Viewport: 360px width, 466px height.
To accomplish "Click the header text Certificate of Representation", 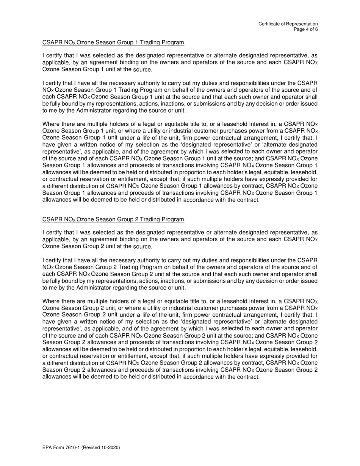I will (x=288, y=24).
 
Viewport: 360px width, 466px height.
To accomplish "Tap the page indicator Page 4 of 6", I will (x=305, y=29).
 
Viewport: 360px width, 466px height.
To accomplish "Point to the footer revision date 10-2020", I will (x=110, y=448).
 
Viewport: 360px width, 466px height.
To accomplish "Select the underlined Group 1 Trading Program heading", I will (x=113, y=42).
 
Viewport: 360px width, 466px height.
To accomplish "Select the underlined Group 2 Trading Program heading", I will (x=113, y=219).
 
